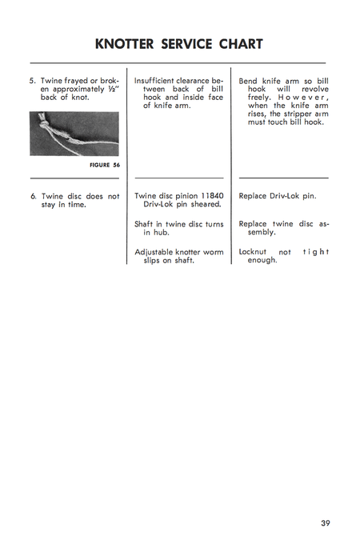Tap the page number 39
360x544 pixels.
[325, 523]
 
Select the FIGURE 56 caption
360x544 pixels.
[106, 165]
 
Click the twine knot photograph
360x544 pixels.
[74, 134]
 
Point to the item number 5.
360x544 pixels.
[33, 81]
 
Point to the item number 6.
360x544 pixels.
[33, 196]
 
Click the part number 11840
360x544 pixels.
[210, 196]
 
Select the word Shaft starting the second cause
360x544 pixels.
[146, 224]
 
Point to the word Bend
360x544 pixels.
[250, 81]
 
